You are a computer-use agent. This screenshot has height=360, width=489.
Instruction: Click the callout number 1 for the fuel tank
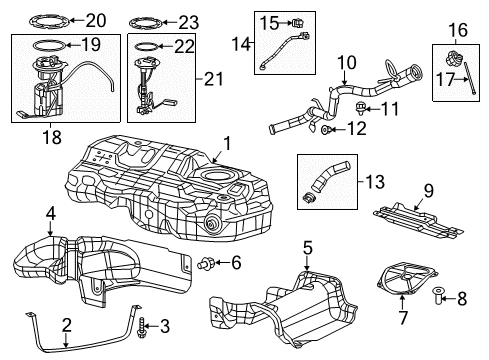coord(226,142)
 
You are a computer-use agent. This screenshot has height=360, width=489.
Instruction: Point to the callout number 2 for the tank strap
coord(66,323)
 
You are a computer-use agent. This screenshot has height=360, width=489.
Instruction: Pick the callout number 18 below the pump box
coord(40,129)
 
